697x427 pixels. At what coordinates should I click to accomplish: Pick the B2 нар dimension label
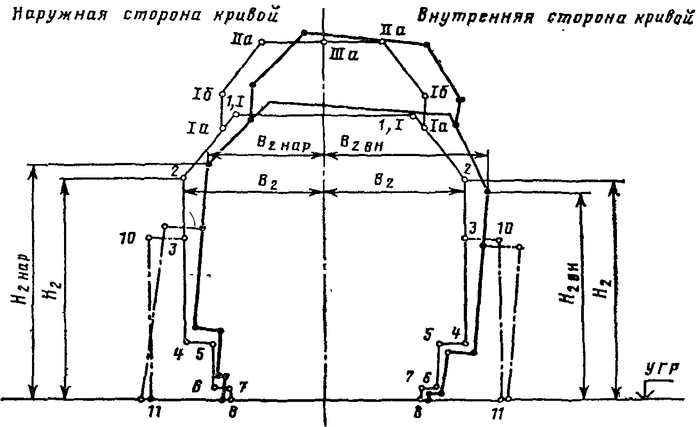click(282, 145)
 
